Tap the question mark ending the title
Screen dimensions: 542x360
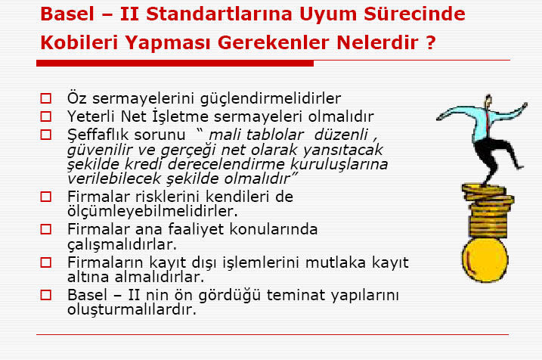(x=430, y=42)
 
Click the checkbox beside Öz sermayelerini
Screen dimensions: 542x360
(x=45, y=98)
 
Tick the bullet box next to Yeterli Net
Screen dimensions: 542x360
(x=45, y=116)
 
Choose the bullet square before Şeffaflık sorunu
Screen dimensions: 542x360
(x=45, y=135)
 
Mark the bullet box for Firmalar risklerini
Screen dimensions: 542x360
(x=45, y=197)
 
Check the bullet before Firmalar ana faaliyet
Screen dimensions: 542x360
(x=45, y=229)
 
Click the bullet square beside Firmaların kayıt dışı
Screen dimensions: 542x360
(x=45, y=262)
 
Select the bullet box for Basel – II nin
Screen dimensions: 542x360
(x=45, y=295)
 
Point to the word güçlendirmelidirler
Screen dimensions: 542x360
(x=271, y=98)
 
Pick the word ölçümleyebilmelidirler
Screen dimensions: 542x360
(x=153, y=211)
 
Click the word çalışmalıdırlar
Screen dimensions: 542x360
(x=122, y=244)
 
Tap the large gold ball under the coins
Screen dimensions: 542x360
(x=485, y=260)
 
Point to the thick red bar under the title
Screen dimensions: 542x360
(x=175, y=64)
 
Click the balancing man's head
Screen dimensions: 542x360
(x=488, y=101)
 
